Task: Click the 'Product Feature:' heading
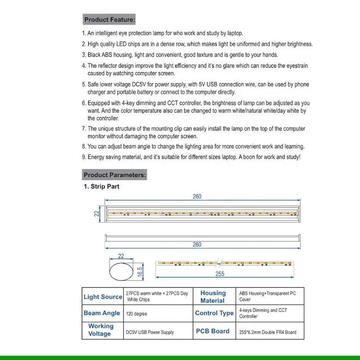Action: coord(109,20)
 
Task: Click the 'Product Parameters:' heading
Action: coord(114,175)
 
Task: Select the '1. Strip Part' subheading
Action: coord(102,186)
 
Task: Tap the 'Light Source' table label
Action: coord(103,297)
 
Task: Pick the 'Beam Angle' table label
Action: coord(102,313)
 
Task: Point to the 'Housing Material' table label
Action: coord(213,297)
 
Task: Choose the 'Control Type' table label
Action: coord(214,313)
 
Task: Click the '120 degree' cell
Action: coord(136,314)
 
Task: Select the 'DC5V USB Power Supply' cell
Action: coord(149,333)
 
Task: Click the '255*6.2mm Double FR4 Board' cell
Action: coord(268,333)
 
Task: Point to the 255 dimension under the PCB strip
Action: coord(220,274)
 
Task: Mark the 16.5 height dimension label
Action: coord(140,272)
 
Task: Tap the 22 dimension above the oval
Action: coord(121,256)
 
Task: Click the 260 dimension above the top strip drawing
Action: coord(197,197)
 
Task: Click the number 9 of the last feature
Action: coord(84,157)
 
